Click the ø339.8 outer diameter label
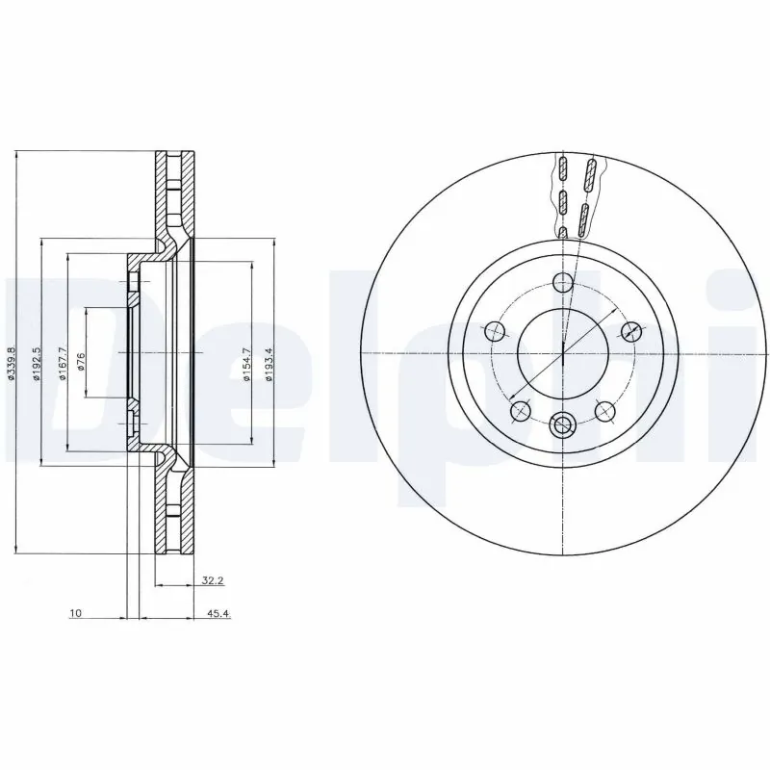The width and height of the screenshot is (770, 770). click(x=11, y=352)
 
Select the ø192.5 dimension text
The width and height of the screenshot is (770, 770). click(x=35, y=352)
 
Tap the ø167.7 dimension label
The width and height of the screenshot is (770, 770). click(x=62, y=352)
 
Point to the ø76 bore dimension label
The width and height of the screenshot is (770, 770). click(x=81, y=353)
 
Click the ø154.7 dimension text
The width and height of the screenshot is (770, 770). click(x=246, y=352)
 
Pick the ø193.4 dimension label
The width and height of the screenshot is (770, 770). click(x=270, y=352)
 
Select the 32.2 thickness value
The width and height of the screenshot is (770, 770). click(x=212, y=580)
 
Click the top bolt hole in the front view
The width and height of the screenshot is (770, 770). click(x=562, y=282)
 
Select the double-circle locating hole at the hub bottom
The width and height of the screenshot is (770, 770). click(x=562, y=423)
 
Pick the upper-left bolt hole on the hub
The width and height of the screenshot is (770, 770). click(x=495, y=331)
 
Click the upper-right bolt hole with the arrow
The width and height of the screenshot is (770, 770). click(x=630, y=331)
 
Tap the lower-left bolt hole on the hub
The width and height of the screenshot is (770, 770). click(x=521, y=411)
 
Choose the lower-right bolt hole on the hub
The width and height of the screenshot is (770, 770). click(x=604, y=411)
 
